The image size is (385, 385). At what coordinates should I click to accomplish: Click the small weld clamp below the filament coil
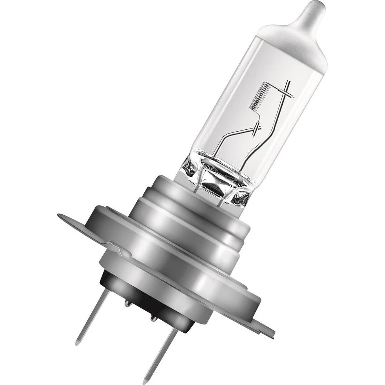(x=257, y=130)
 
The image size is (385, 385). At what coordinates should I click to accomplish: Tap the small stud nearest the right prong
(x=153, y=318)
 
